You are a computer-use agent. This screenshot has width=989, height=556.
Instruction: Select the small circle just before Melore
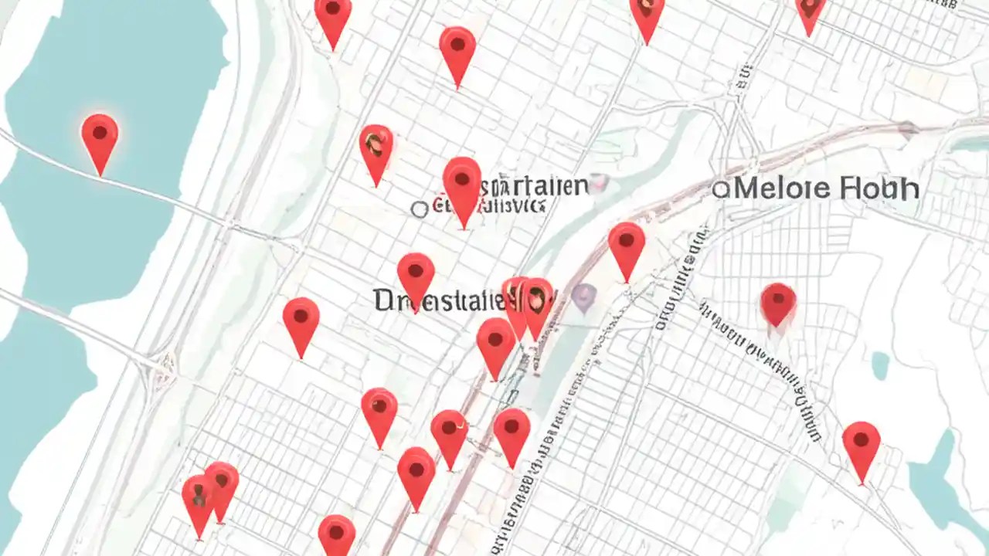click(721, 188)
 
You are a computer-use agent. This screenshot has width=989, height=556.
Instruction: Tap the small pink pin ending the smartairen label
click(600, 184)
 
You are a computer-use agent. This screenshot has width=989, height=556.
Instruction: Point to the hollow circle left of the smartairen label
click(420, 209)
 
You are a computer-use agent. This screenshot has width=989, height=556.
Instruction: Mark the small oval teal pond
click(880, 365)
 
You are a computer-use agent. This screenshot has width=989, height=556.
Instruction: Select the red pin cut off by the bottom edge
click(336, 534)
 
